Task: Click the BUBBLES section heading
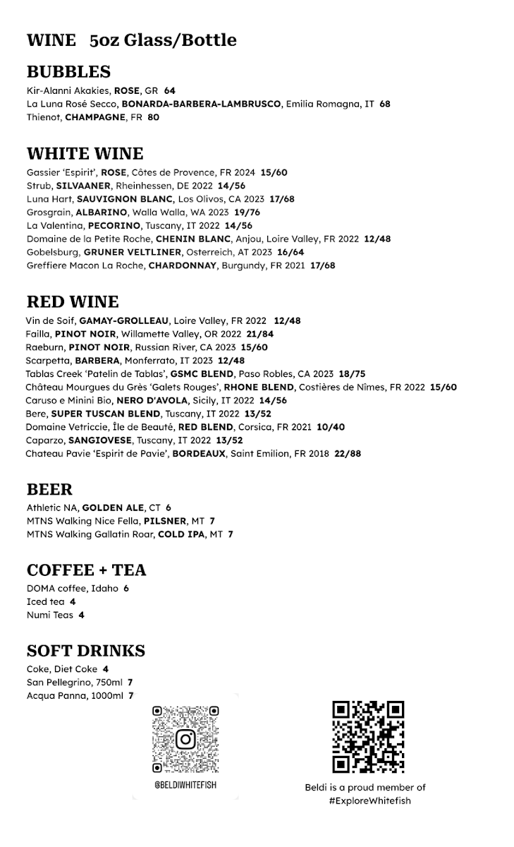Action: point(68,72)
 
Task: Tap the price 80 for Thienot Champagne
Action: point(153,117)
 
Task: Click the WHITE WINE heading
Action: point(85,154)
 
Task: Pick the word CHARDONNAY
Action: point(183,265)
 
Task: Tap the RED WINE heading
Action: point(73,302)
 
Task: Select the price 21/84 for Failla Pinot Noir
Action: point(260,334)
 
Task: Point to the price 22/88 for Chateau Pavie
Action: point(346,454)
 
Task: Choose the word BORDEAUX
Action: point(200,454)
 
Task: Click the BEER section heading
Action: point(49,490)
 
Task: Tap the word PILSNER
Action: point(165,521)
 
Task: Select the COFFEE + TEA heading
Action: point(86,570)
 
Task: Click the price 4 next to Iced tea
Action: point(73,601)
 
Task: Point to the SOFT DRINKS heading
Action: point(86,651)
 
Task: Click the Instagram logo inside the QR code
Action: point(185,739)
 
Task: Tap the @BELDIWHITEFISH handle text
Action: point(185,786)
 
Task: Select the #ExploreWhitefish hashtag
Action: point(369,800)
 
